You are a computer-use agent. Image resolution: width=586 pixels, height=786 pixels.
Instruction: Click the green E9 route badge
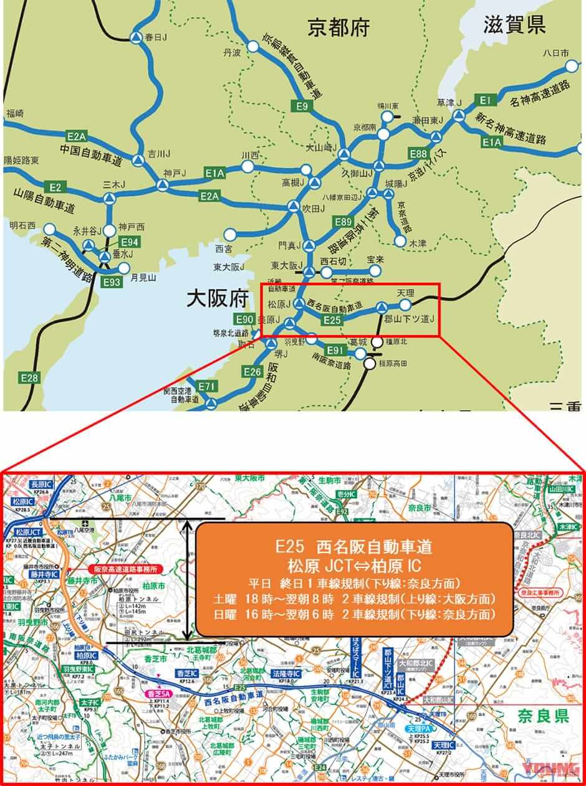pos(302,107)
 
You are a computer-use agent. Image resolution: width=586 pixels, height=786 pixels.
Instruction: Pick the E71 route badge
pos(208,387)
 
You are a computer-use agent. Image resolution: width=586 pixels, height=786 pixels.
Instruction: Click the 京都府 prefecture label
pos(339,27)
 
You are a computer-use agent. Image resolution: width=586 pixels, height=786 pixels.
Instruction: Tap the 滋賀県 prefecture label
pos(514,24)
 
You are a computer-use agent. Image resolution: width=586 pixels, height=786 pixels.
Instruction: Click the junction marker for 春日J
pos(135,38)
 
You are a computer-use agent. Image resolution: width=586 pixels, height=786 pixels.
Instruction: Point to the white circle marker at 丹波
pos(252,47)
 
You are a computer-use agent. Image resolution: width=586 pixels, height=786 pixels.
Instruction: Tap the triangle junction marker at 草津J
pos(459,115)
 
